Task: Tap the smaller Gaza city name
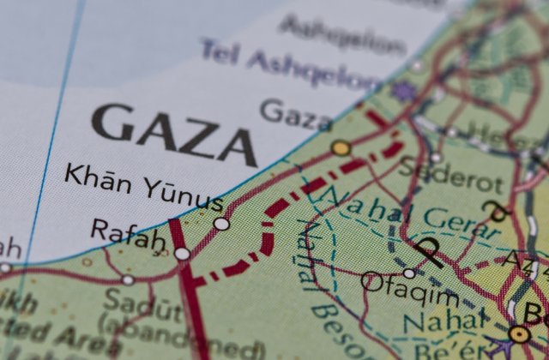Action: pos(296,114)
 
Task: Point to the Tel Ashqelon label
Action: pos(287,65)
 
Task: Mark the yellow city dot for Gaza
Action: pos(341,148)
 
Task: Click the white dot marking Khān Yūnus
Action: pos(221,224)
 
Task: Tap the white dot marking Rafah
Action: pos(182,254)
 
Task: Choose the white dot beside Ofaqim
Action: pos(409,273)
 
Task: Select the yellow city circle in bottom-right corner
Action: pos(520,333)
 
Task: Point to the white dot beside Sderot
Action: pos(436,158)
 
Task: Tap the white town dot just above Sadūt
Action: pos(128,279)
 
